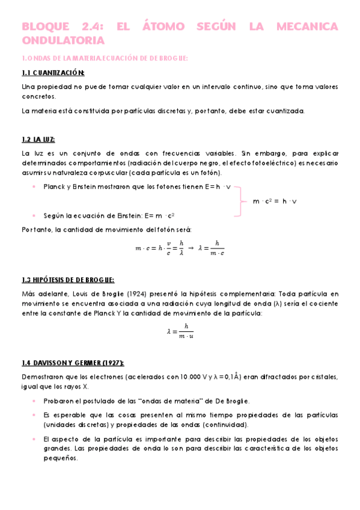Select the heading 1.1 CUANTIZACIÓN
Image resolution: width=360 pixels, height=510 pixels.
(x=53, y=73)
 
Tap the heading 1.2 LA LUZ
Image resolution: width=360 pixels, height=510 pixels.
(x=38, y=140)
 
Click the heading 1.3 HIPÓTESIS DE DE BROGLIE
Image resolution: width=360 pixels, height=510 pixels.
(x=68, y=280)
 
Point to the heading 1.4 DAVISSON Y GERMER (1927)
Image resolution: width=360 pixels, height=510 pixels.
(x=73, y=363)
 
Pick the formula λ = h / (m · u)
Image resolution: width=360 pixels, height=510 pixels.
(x=180, y=331)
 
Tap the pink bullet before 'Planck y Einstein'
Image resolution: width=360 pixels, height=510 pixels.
(x=34, y=187)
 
